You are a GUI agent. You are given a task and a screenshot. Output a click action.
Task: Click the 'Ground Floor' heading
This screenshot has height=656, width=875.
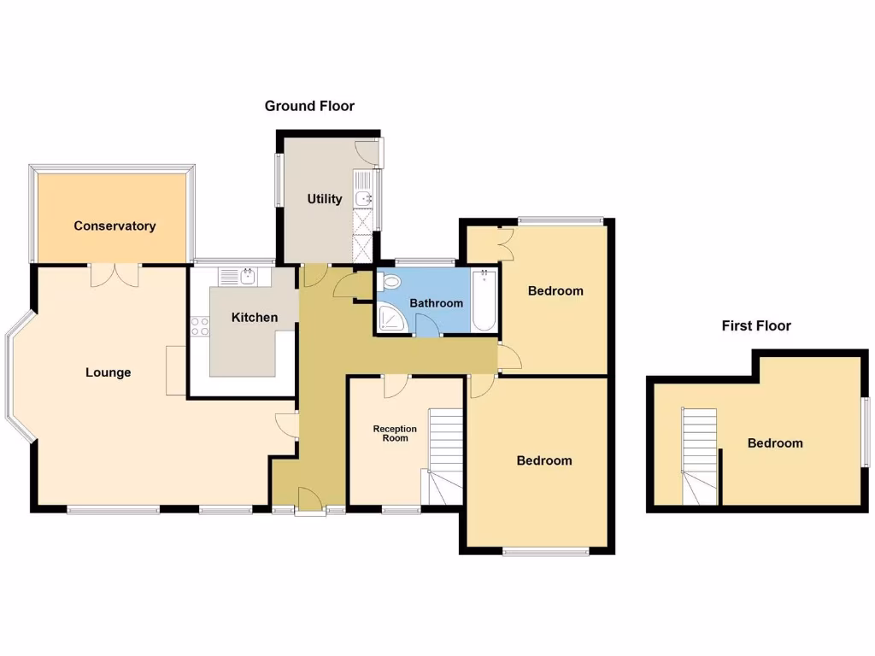click(x=309, y=106)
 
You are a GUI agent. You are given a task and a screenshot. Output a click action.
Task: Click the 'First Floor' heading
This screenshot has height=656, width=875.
click(x=755, y=325)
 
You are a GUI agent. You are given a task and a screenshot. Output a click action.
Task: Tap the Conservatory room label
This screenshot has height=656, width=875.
click(x=115, y=226)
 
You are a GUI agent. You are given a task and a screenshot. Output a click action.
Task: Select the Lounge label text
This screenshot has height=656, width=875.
click(x=109, y=372)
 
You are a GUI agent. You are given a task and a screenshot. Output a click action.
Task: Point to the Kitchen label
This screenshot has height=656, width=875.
click(x=255, y=318)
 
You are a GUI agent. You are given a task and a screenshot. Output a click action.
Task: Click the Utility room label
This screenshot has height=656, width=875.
click(x=325, y=199)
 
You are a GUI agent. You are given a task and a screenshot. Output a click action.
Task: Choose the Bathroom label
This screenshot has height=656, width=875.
click(x=436, y=303)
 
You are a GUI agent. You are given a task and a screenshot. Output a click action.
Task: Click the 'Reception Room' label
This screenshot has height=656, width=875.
click(x=395, y=433)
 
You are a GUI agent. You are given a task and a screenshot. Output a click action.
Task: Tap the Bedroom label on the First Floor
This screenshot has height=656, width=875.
click(x=775, y=442)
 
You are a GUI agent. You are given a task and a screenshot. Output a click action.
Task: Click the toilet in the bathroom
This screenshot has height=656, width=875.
click(x=391, y=283)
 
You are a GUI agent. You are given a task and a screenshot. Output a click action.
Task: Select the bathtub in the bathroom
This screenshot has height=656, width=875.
click(x=484, y=299)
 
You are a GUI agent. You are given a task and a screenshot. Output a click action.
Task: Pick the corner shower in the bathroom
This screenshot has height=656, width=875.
click(x=392, y=319)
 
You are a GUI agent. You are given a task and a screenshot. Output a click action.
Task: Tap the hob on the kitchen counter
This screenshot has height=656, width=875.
click(x=201, y=326)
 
